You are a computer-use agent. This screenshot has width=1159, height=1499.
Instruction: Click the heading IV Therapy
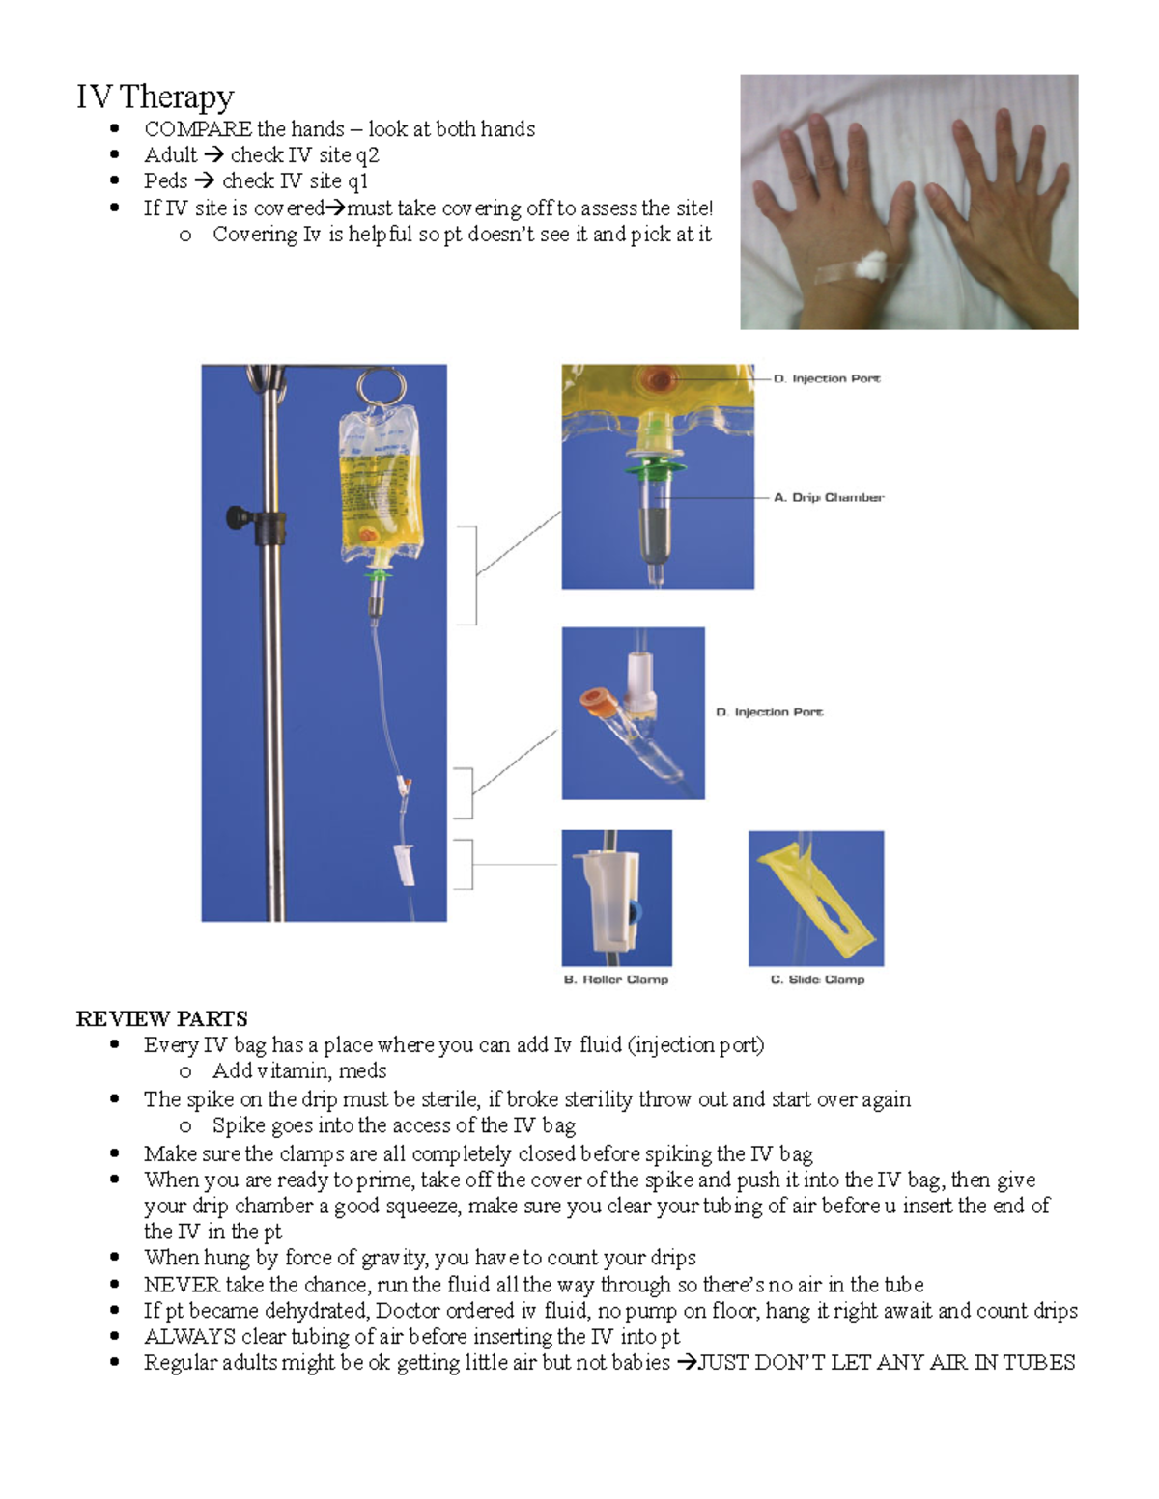pos(155,97)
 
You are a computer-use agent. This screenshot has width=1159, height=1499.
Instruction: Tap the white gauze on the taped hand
pos(873,264)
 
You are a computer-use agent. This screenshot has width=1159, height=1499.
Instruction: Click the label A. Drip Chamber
pos(828,498)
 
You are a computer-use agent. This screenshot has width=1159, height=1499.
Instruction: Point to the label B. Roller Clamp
pos(615,979)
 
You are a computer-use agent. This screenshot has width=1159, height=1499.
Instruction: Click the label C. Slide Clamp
pos(817,979)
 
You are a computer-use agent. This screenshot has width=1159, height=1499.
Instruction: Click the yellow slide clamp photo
pos(816,899)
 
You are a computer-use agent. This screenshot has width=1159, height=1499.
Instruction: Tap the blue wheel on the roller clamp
pos(634,910)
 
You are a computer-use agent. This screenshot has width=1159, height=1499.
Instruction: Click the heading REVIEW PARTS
pos(161,1019)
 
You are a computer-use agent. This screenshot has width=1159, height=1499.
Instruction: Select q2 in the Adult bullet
pos(367,155)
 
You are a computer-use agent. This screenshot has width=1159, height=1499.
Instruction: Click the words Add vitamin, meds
pos(299,1071)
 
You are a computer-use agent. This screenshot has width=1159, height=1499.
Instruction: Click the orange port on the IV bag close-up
pos(661,377)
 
